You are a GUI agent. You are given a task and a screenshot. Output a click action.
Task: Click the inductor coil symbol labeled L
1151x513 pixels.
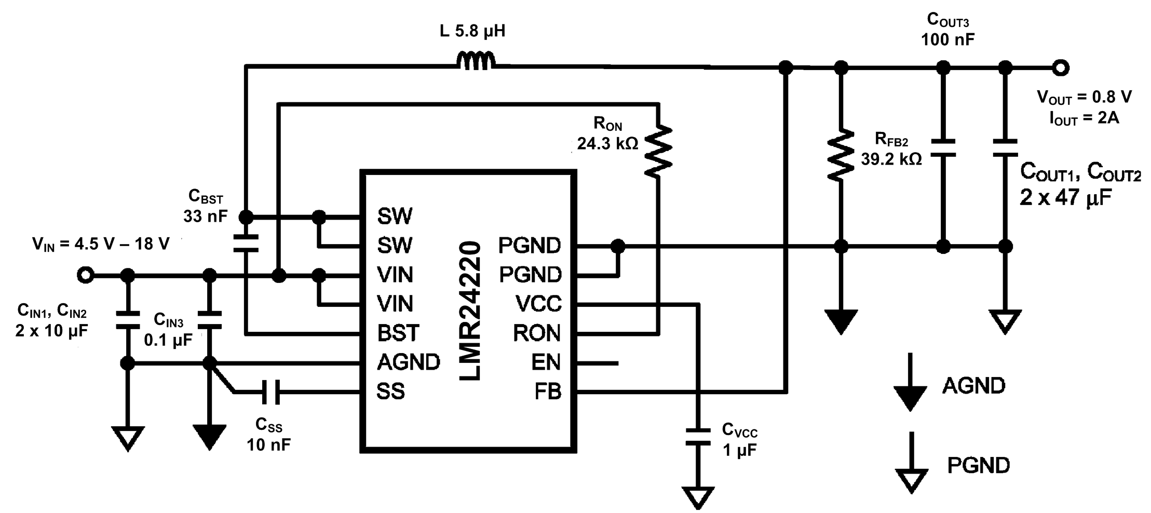pos(476,61)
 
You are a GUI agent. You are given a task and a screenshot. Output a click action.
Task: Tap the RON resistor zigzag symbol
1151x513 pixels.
pos(658,151)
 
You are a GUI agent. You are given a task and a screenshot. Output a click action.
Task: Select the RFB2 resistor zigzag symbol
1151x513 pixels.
pos(841,155)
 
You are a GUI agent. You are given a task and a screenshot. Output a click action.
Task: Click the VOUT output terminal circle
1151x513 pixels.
pos(1061,67)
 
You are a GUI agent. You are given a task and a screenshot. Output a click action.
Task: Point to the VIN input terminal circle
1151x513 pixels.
pos(86,275)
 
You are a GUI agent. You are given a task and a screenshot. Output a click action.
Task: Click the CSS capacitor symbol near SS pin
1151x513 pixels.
pos(270,392)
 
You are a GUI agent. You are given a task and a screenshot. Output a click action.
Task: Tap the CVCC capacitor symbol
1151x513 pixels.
pos(698,437)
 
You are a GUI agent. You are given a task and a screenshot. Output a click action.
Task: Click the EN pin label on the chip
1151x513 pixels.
pos(546,362)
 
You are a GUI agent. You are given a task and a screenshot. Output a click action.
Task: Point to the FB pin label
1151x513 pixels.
pos(548,392)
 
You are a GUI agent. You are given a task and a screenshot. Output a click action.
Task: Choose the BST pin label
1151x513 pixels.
pos(398,333)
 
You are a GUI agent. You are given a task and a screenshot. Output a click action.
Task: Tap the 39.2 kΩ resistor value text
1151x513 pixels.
pos(891,159)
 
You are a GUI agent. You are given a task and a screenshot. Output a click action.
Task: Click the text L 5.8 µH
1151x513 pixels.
pos(472,31)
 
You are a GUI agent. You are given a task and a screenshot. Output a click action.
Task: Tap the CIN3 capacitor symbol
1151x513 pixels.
pos(210,320)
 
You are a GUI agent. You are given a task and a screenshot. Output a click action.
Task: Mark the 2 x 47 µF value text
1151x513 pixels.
pos(1065,198)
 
